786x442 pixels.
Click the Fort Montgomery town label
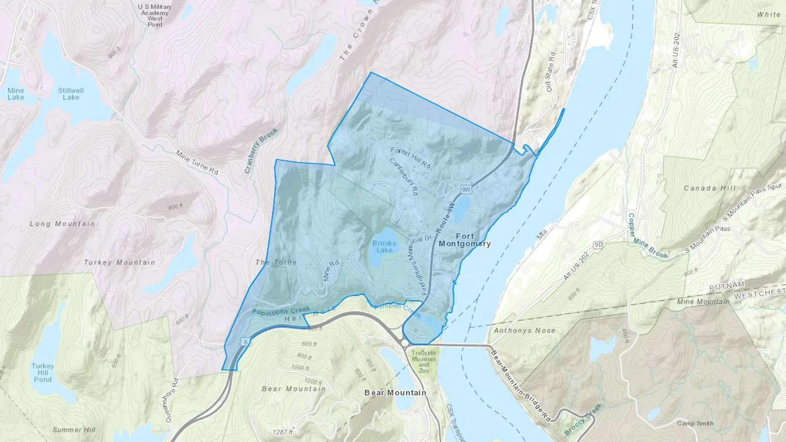[x=465, y=240]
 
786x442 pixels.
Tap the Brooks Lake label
[x=384, y=247]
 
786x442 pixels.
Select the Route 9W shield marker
[x=467, y=189]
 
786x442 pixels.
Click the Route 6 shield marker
[x=246, y=343]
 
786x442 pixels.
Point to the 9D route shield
[x=598, y=245]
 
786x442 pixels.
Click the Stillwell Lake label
[x=71, y=94]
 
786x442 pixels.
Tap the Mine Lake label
[x=16, y=94]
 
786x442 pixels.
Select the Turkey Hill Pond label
[x=43, y=373]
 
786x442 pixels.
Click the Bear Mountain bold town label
[x=395, y=393]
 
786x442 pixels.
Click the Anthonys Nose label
[x=524, y=331]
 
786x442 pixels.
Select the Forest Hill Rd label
[x=410, y=158]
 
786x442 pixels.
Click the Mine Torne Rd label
[x=197, y=162]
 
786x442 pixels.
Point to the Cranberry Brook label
[x=261, y=151]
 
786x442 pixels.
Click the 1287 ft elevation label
[x=283, y=432]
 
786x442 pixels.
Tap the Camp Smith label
[x=695, y=423]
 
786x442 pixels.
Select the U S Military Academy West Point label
[x=155, y=16]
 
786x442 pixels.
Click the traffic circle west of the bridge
[x=404, y=343]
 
